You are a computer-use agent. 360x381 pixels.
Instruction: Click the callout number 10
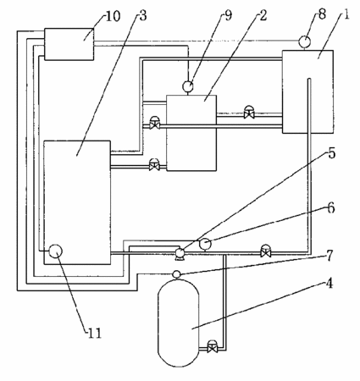coord(114,16)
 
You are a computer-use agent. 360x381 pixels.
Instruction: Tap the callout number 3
coord(143,16)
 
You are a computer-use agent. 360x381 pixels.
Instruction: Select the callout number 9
coord(228,15)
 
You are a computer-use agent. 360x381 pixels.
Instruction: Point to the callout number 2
coord(263,15)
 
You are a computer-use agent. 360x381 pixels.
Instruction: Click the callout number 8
coord(322,14)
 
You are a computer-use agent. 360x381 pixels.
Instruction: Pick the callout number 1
coord(346,14)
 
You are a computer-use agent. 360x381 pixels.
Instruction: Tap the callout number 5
coord(331,153)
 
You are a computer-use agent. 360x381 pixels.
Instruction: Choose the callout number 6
coord(331,208)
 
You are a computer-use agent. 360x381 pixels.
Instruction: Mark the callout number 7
coord(330,256)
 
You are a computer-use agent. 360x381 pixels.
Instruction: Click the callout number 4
coord(330,283)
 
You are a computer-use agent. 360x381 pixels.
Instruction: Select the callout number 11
coord(95,334)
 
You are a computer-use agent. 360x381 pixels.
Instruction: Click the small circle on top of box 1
coord(305,41)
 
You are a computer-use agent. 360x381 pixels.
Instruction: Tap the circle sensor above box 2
coord(188,86)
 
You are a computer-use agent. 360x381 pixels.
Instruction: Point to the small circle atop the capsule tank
coord(176,274)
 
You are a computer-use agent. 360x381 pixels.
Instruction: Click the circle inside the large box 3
coord(56,251)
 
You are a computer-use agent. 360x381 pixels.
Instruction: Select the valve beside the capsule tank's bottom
coord(212,346)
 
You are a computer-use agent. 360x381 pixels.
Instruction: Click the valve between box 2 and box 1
coord(249,113)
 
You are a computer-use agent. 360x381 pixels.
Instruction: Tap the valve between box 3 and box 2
coord(154,165)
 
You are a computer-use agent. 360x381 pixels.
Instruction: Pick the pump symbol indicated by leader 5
coord(180,254)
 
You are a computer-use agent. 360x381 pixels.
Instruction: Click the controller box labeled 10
coord(69,44)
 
